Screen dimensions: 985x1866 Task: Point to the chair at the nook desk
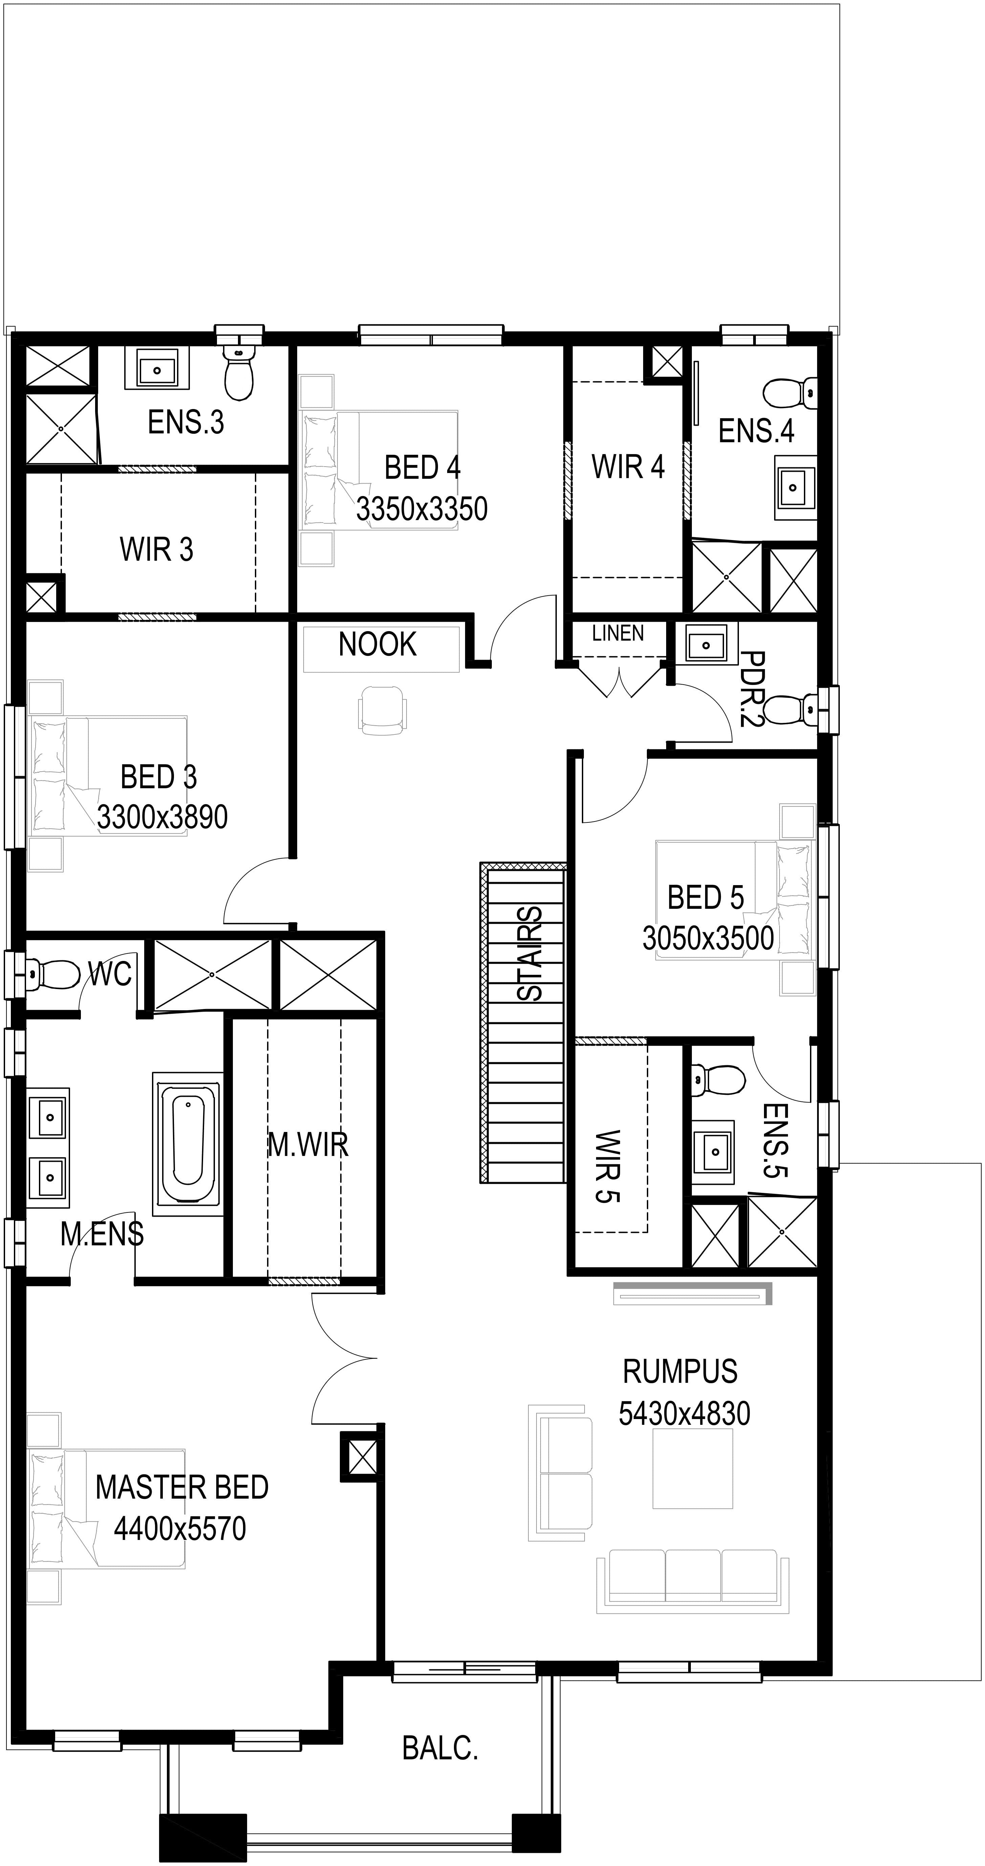coord(382,711)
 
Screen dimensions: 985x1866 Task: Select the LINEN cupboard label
coord(618,633)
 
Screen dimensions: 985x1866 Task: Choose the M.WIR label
coord(308,1144)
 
